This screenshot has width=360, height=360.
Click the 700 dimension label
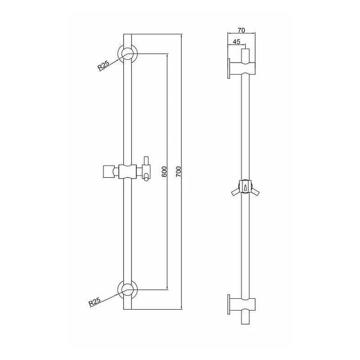coord(179,171)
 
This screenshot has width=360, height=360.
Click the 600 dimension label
coord(165,171)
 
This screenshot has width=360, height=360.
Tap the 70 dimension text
coord(241,30)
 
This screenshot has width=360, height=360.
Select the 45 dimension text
coord(237,42)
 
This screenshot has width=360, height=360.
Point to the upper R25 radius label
coord(103,65)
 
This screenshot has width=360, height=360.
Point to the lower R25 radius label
coord(95,301)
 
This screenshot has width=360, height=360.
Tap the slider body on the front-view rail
coord(127,172)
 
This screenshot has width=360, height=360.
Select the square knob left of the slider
coord(108,171)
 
